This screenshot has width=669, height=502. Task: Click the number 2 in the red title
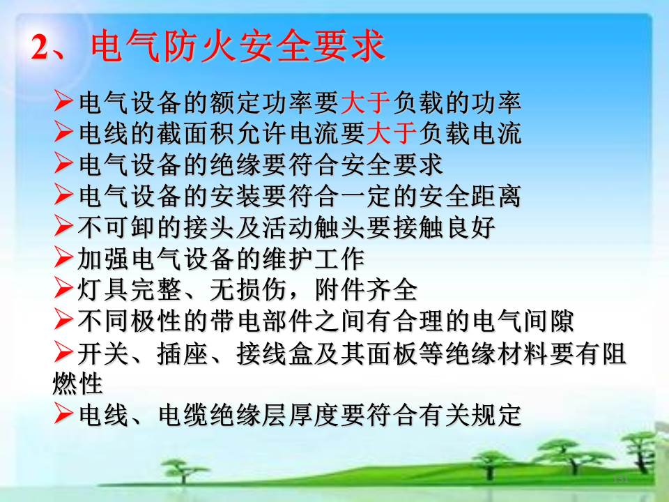[41, 47]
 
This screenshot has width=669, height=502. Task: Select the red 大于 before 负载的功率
[365, 102]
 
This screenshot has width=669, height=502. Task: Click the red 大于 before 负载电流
[391, 133]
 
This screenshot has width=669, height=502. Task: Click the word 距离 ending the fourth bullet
[495, 196]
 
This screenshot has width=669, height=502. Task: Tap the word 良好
[470, 227]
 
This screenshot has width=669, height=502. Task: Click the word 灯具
[102, 290]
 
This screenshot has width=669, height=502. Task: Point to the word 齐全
[392, 290]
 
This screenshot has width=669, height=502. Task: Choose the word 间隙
[548, 321]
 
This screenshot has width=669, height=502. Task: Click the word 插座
[182, 354]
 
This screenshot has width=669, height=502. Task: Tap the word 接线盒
[275, 354]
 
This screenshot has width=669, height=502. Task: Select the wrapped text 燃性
[77, 383]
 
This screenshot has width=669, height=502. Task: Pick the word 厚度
[313, 414]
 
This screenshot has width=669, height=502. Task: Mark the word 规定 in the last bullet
[495, 414]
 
